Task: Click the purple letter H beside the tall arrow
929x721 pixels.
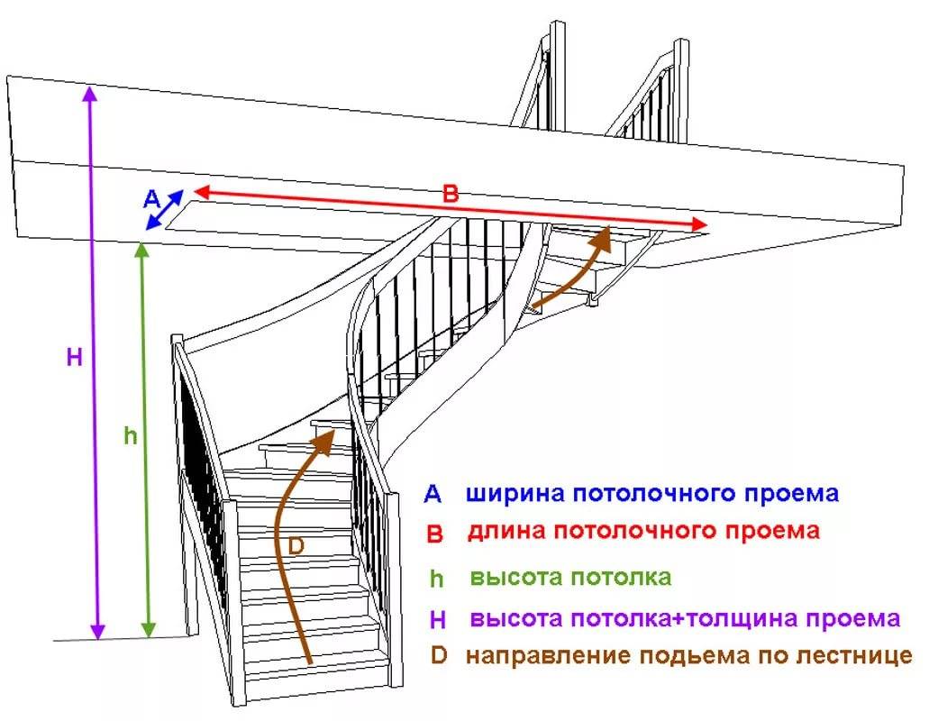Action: tap(75, 357)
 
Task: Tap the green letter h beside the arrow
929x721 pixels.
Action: tap(131, 436)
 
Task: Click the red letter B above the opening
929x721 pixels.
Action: tap(451, 194)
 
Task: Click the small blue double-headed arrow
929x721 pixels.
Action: tap(164, 209)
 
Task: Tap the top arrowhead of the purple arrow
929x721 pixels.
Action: tap(89, 93)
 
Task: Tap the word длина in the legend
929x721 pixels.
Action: tap(506, 531)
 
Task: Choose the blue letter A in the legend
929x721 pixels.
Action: tap(433, 494)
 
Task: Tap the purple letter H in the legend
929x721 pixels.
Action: tap(438, 620)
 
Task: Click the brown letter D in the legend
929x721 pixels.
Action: tap(439, 655)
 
